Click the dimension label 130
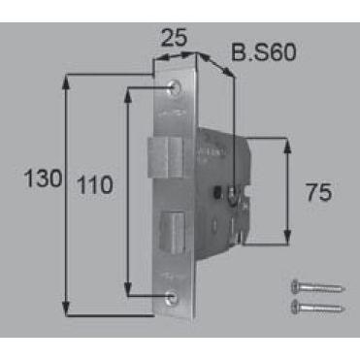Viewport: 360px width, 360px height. click(43, 179)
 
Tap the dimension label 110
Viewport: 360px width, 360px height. click(95, 185)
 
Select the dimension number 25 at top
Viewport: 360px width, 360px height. click(174, 37)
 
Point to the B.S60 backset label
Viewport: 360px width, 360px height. click(264, 52)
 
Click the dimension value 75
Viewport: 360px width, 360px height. click(319, 192)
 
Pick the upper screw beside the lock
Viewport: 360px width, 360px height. click(318, 286)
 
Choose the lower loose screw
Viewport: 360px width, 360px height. click(318, 307)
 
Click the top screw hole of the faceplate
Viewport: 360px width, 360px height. click(175, 87)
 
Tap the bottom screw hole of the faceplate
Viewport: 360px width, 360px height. click(171, 297)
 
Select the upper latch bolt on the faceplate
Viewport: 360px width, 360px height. click(165, 157)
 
